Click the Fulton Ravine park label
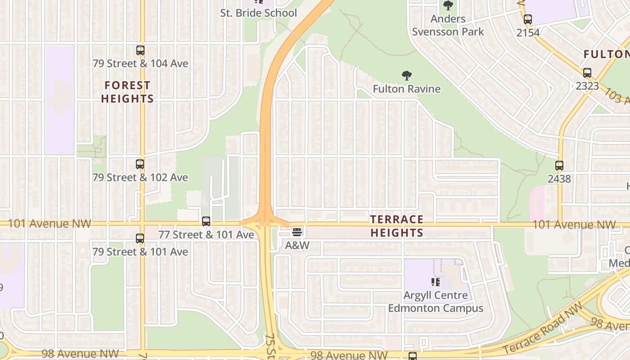point(406,89)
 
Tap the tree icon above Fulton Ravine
point(407,76)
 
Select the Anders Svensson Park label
point(448,25)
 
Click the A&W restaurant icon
point(297,232)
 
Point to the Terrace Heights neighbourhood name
point(396,226)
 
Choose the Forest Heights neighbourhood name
point(127,92)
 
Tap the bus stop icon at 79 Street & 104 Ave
point(140,50)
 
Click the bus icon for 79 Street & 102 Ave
point(140,164)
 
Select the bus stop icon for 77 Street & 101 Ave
point(206,221)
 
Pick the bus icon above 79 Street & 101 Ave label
point(140,238)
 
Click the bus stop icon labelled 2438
point(559,166)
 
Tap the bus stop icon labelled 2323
point(587,73)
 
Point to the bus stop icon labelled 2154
point(528,19)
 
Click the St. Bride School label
point(258,13)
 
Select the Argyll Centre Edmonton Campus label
point(436,302)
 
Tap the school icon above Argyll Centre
point(435,282)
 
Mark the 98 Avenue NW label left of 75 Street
point(80,354)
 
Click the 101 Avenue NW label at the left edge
point(49,223)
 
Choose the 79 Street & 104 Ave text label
point(140,63)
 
